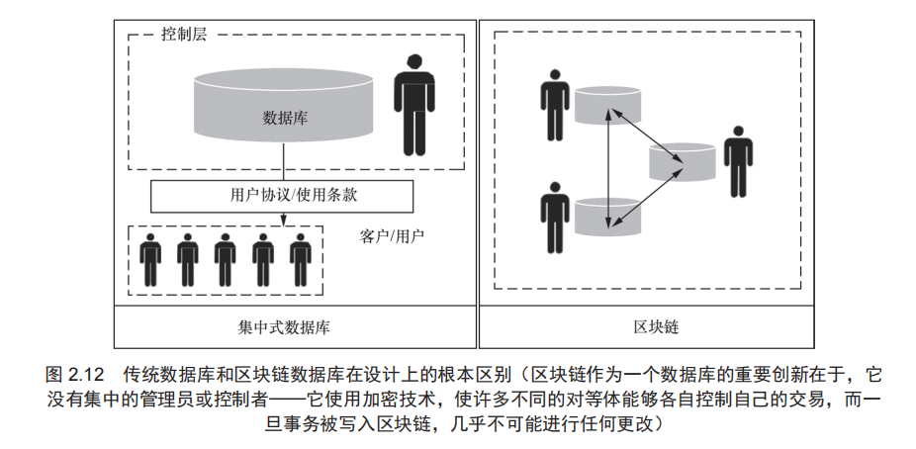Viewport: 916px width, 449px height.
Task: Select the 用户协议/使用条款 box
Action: pyautogui.click(x=281, y=195)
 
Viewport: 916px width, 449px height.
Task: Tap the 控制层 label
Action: pyautogui.click(x=184, y=35)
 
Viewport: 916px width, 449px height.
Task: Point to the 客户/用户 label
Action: pyautogui.click(x=393, y=237)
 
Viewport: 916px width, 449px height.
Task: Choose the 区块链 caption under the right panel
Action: pyautogui.click(x=656, y=325)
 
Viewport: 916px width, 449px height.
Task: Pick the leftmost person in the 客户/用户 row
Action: pyautogui.click(x=150, y=261)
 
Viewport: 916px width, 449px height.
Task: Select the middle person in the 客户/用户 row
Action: pyautogui.click(x=226, y=261)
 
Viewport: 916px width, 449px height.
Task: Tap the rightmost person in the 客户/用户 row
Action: pyautogui.click(x=301, y=261)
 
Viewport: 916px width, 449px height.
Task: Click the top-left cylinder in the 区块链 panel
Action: pyautogui.click(x=604, y=106)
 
